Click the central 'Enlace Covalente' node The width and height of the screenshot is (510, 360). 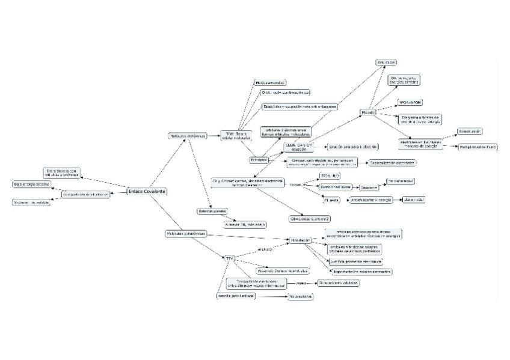[146, 191]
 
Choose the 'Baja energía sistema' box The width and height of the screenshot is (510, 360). [31, 184]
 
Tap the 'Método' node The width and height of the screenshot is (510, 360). [369, 112]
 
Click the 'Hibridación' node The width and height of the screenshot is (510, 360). [299, 240]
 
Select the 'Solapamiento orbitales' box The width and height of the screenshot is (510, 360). [338, 282]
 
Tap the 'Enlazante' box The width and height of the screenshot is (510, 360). [369, 188]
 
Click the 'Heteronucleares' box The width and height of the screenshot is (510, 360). [212, 212]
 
